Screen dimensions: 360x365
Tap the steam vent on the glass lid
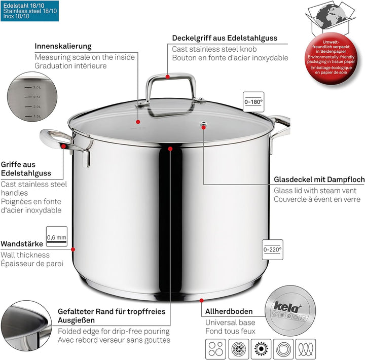click(204, 124)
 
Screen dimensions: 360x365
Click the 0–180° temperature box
click(253, 101)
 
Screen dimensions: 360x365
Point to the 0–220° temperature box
click(272, 248)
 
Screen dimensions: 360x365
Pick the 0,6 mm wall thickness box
click(56, 236)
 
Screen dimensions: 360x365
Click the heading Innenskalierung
click(63, 46)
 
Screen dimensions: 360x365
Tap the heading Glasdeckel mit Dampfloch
click(319, 179)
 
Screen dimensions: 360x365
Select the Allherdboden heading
click(229, 311)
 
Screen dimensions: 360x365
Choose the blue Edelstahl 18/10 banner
click(29, 10)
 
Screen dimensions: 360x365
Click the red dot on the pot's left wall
click(74, 249)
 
